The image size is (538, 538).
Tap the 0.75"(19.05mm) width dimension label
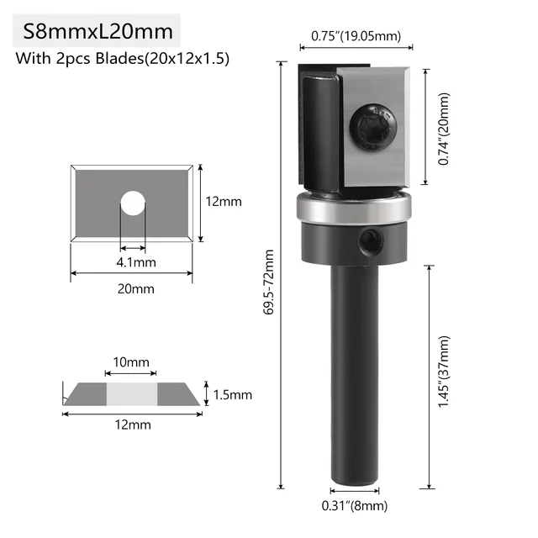point(356,35)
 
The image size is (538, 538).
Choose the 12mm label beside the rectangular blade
point(224,202)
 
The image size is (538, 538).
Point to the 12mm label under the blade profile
point(133,425)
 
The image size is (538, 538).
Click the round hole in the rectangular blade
point(132,202)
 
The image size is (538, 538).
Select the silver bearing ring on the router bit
point(353,208)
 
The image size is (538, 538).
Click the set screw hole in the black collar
point(369,242)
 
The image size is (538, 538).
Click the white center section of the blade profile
point(132,393)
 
